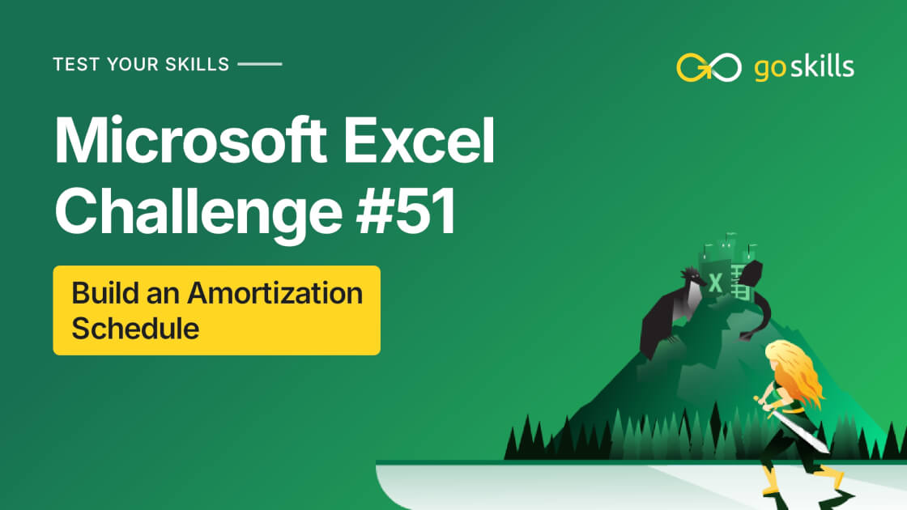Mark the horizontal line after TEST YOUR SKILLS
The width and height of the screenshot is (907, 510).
click(x=261, y=63)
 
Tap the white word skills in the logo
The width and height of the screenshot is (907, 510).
click(x=824, y=66)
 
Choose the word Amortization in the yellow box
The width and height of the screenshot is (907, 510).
click(x=275, y=293)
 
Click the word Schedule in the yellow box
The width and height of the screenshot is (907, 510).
click(x=135, y=329)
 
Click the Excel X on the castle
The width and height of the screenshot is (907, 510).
click(x=716, y=284)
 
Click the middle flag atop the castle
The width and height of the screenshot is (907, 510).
click(x=726, y=240)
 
